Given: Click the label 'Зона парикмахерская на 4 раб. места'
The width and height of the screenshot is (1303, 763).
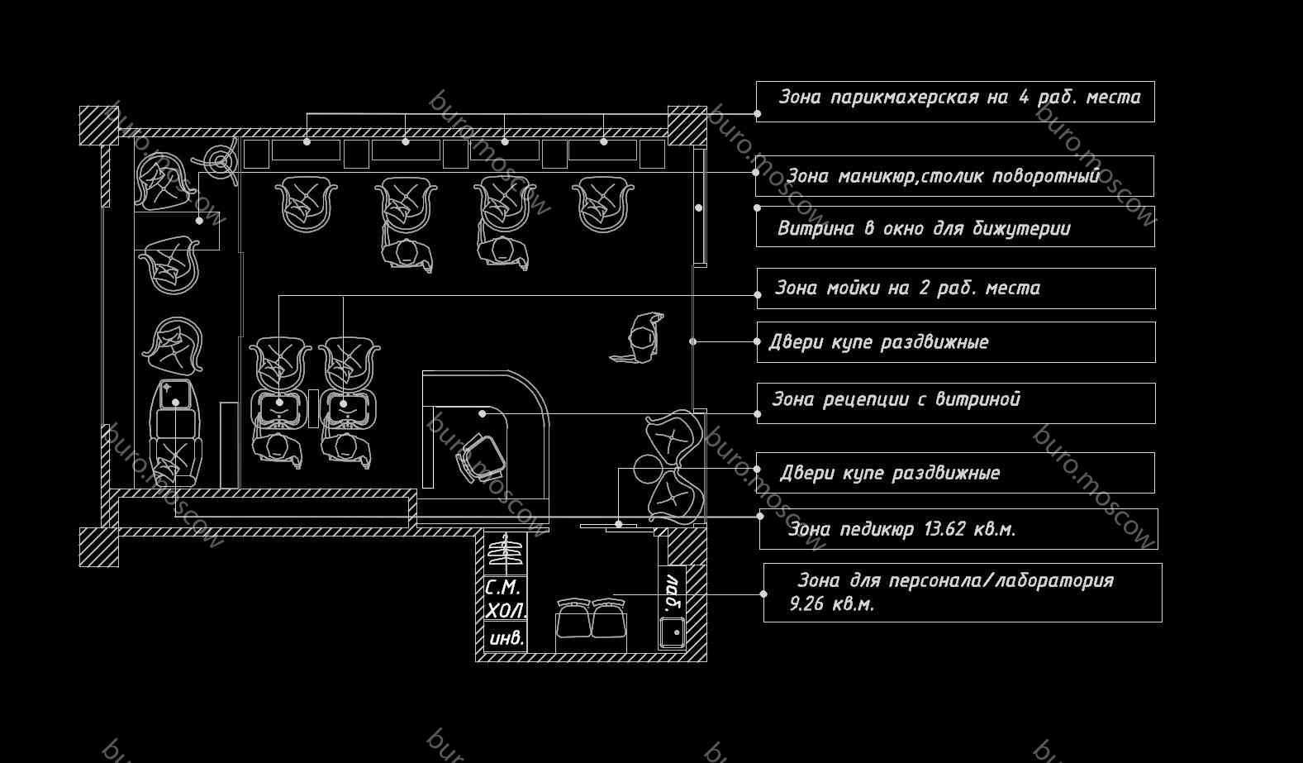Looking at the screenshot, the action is pyautogui.click(x=959, y=98).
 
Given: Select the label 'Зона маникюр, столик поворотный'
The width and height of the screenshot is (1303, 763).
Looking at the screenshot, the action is pyautogui.click(x=943, y=176).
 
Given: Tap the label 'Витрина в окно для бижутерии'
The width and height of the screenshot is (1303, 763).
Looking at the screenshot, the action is pyautogui.click(x=924, y=228).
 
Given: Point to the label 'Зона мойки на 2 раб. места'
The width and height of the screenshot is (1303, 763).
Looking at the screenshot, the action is pyautogui.click(x=907, y=288).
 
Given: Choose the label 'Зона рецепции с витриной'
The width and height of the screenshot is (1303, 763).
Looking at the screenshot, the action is pyautogui.click(x=896, y=399).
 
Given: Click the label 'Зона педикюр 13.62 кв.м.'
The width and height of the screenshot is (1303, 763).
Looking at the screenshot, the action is pyautogui.click(x=901, y=529).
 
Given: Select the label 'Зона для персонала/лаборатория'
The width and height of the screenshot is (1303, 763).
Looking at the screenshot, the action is pyautogui.click(x=955, y=580).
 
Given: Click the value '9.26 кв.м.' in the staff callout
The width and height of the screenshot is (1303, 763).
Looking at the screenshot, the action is pyautogui.click(x=832, y=604).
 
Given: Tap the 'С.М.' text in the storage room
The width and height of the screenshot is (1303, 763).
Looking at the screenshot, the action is pyautogui.click(x=502, y=587).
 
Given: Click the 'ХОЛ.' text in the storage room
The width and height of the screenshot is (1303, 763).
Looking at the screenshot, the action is pyautogui.click(x=506, y=611).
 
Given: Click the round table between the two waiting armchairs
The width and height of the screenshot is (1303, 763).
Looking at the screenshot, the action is pyautogui.click(x=647, y=469).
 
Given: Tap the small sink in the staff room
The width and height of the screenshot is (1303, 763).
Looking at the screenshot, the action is pyautogui.click(x=672, y=632).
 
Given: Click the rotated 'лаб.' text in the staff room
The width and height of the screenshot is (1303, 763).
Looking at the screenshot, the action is pyautogui.click(x=673, y=592).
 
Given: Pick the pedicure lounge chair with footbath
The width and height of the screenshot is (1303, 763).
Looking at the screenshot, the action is pyautogui.click(x=174, y=433).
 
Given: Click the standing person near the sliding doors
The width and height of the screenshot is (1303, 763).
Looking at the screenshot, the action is pyautogui.click(x=639, y=338).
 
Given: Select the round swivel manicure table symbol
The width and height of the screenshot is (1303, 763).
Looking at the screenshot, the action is pyautogui.click(x=220, y=161).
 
